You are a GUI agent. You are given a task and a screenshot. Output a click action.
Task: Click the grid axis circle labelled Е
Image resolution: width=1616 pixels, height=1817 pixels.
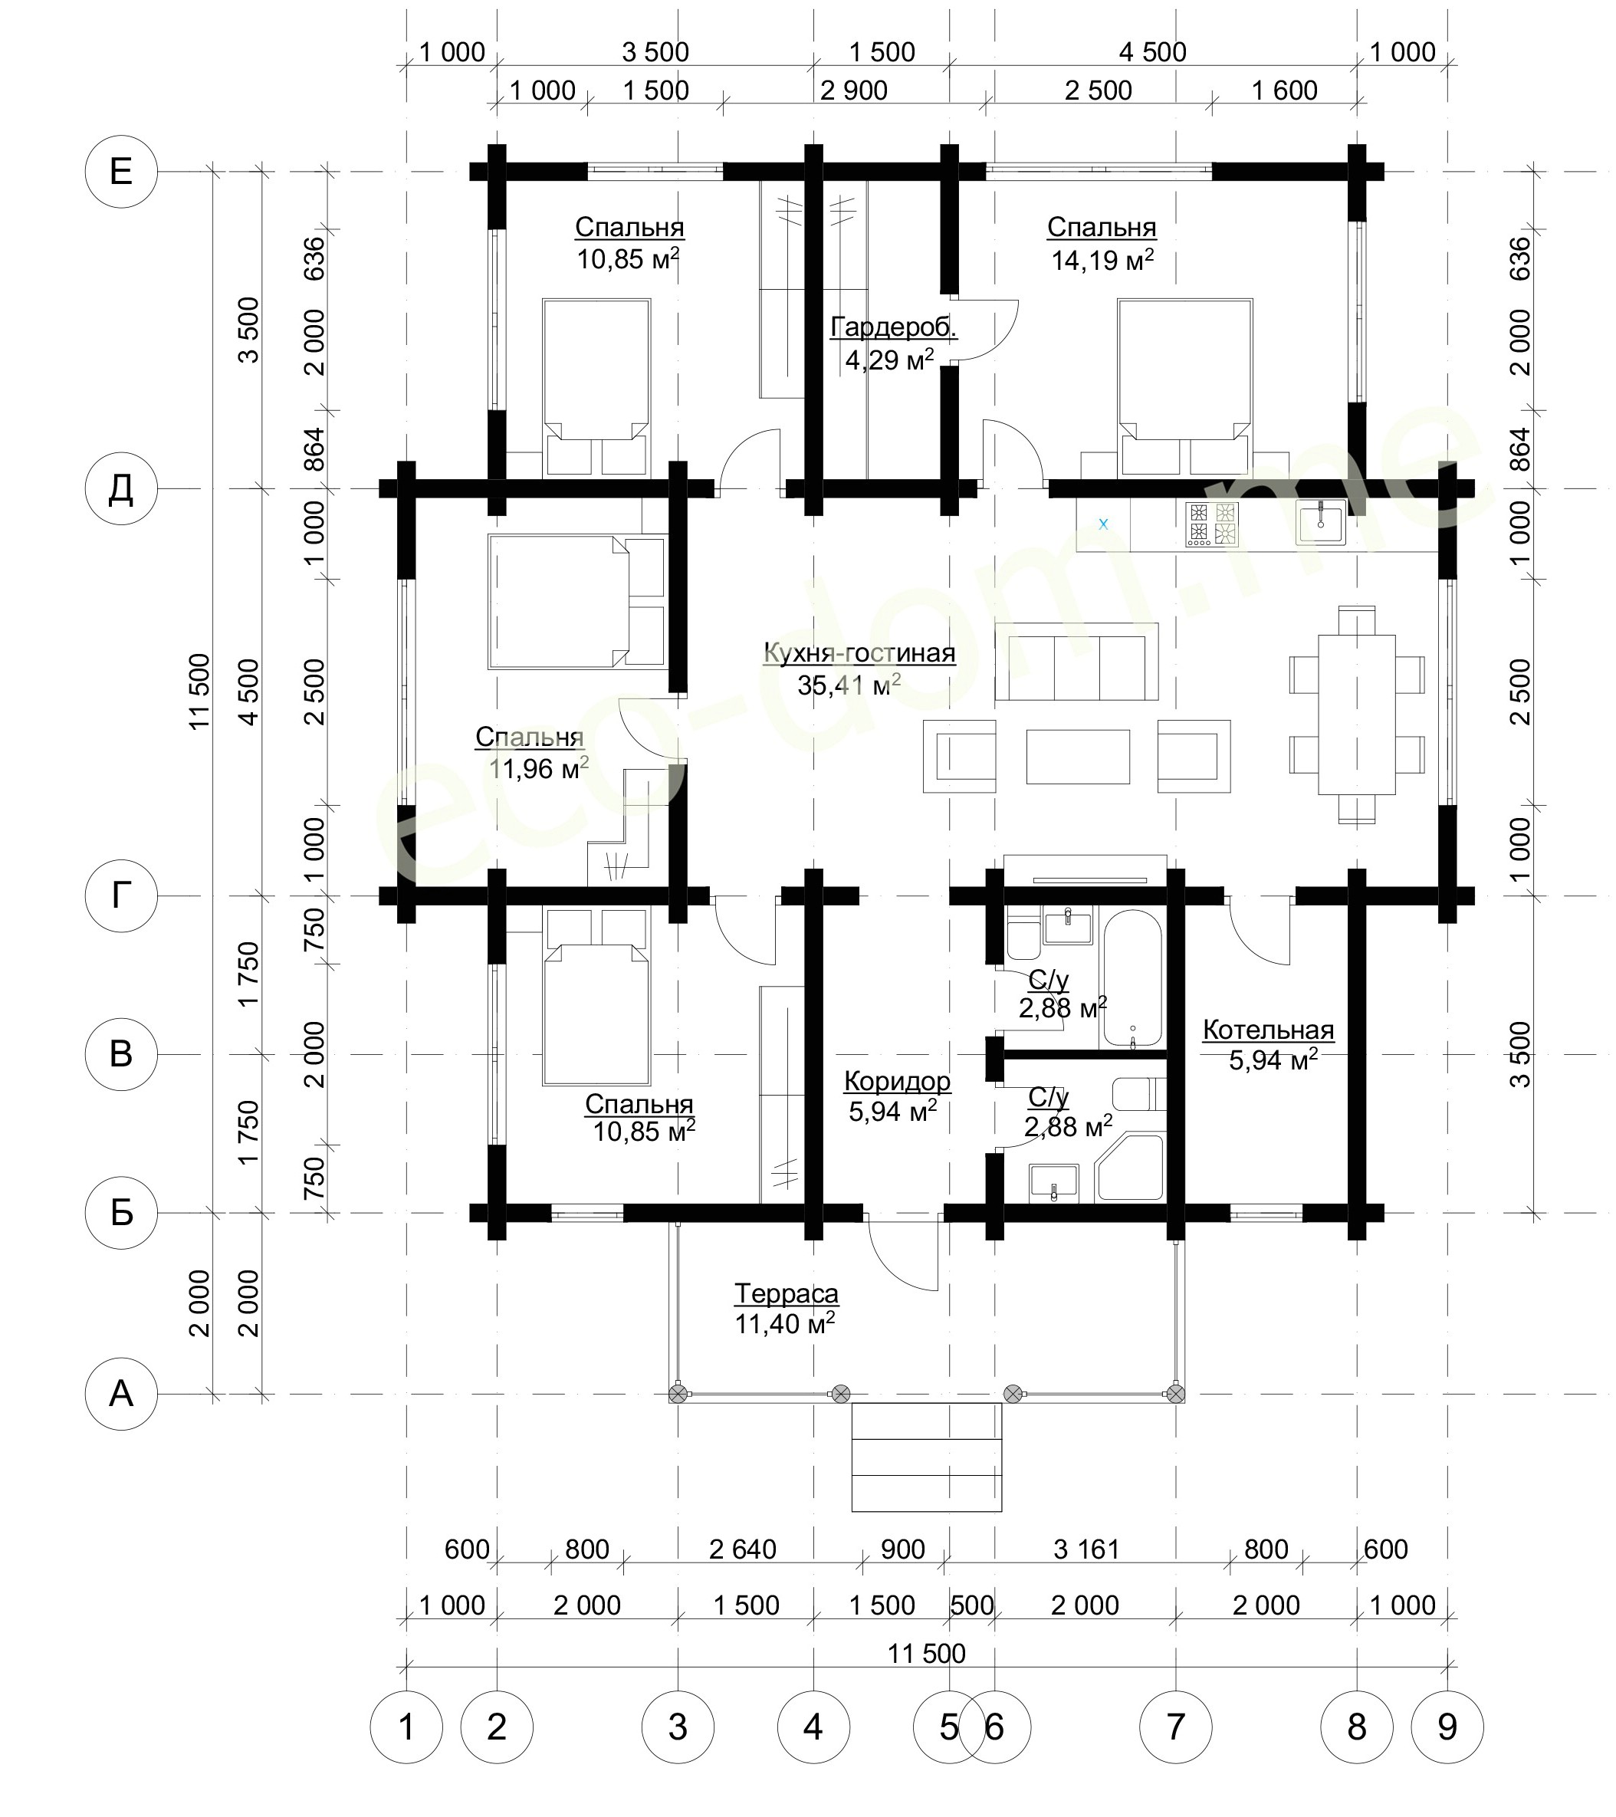(121, 172)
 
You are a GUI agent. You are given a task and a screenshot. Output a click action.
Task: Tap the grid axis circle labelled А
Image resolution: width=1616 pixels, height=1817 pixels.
(121, 1393)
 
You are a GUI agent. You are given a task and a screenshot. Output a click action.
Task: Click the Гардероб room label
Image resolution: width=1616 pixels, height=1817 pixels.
(893, 328)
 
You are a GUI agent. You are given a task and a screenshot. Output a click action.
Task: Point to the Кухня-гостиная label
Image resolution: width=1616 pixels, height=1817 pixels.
(859, 653)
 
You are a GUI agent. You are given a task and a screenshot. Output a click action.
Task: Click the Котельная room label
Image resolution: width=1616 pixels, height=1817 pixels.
(1269, 1030)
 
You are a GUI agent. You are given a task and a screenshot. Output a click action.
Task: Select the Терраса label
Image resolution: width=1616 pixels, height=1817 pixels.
(787, 1293)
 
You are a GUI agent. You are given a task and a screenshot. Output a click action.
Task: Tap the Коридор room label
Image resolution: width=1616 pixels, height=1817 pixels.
(897, 1082)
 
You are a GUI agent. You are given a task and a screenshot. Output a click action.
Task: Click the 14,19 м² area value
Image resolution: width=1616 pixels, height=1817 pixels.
(1102, 260)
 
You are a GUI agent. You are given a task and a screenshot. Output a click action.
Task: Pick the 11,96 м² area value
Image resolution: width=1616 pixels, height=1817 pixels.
(539, 768)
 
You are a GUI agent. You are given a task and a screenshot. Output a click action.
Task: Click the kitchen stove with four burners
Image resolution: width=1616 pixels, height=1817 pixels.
(1211, 524)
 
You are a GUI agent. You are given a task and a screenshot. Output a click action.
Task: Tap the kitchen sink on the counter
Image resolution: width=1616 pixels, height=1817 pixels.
(1321, 523)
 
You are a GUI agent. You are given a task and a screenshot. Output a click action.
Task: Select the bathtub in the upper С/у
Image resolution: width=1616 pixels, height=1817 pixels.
(1132, 977)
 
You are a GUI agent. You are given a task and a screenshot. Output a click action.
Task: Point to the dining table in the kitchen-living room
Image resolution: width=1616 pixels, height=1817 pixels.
(1356, 714)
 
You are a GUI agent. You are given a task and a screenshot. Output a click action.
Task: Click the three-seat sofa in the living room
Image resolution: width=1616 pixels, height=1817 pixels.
(1076, 662)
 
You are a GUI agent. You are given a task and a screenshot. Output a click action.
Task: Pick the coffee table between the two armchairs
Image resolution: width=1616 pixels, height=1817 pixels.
(1078, 757)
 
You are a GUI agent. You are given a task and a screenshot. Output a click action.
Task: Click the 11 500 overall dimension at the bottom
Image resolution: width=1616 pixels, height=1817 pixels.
(926, 1654)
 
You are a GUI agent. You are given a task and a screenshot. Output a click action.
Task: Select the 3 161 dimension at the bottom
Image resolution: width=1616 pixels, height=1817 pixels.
(1086, 1549)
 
